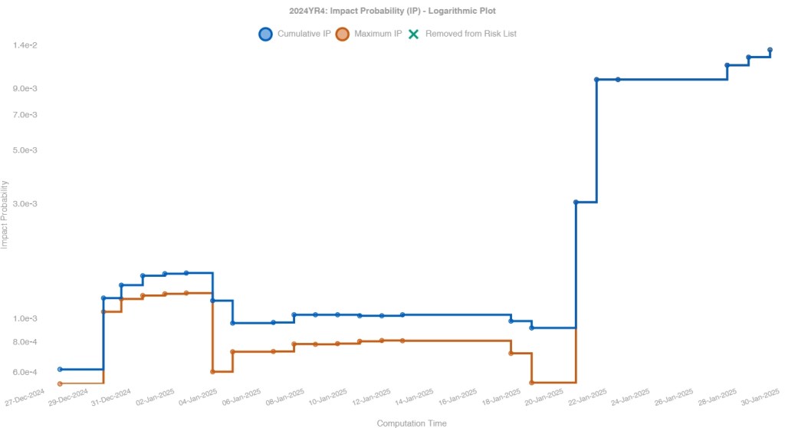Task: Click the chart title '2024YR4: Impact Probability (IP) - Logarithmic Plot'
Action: (392, 11)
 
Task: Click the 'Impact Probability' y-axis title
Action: (5, 214)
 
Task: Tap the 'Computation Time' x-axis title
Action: (412, 423)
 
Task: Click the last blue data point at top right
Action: (770, 50)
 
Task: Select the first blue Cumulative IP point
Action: (60, 369)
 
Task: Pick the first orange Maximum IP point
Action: (60, 384)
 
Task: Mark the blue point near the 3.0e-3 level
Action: (576, 202)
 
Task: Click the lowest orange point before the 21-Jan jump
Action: (532, 382)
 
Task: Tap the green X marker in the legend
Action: (414, 34)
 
